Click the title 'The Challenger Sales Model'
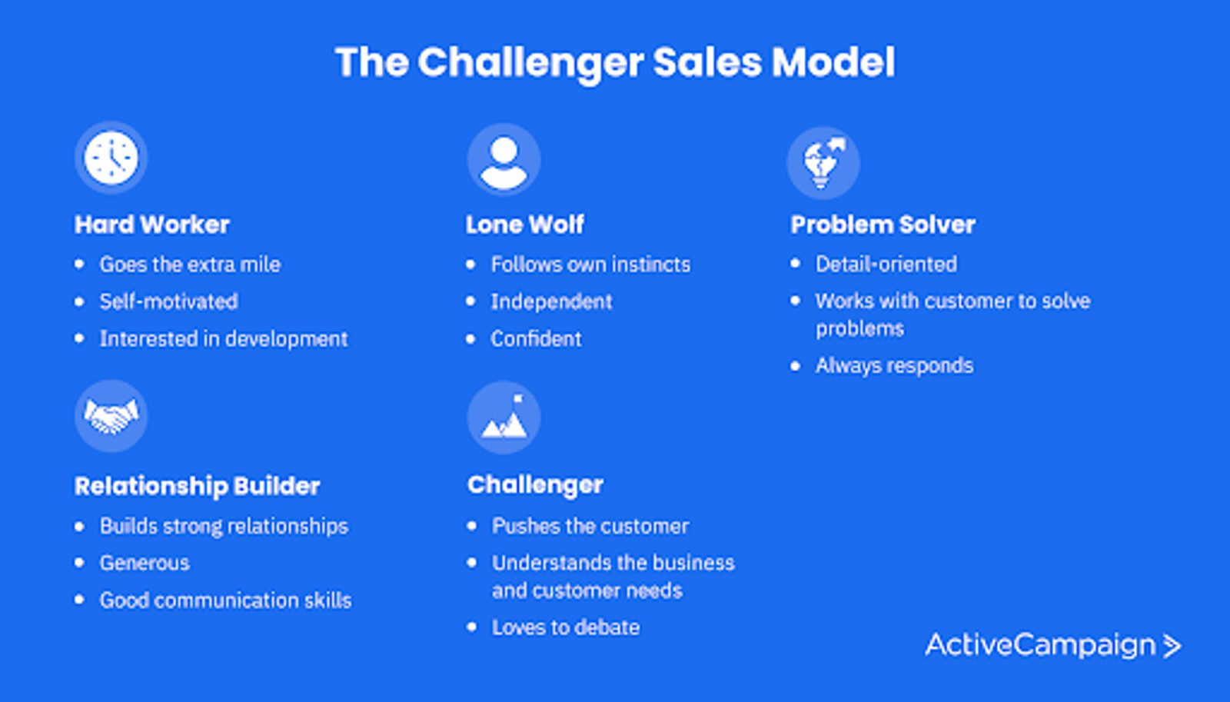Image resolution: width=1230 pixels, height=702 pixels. coord(615,62)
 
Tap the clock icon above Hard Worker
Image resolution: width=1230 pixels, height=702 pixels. coord(111,158)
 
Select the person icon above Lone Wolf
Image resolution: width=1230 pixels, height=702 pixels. coord(504,160)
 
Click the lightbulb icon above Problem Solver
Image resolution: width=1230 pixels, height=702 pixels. coord(823,162)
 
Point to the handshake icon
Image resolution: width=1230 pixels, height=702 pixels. coord(111,416)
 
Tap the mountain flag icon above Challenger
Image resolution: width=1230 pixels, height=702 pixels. coord(504,418)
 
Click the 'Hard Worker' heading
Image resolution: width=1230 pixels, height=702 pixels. coord(152,225)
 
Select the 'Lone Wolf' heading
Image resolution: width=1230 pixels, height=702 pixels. coord(525,225)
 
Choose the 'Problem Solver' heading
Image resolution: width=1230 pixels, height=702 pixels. coord(883,225)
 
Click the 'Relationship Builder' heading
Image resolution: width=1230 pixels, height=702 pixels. coord(197,486)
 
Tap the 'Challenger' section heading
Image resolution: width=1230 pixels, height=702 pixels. coord(535,484)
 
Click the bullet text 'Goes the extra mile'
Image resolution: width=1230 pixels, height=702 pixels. coord(190,264)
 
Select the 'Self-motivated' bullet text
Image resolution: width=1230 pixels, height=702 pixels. coord(168,301)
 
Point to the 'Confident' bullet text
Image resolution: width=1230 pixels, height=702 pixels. coord(536,338)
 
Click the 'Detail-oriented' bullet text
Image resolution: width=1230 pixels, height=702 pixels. coord(886,264)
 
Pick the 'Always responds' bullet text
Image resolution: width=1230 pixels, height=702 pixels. coord(894,365)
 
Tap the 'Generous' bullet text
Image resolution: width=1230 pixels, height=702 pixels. coord(145,563)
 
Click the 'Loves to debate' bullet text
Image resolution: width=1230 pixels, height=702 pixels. coord(566,627)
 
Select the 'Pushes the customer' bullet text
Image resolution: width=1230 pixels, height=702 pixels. coord(590,526)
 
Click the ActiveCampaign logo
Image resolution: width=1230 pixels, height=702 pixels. coord(1052,645)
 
